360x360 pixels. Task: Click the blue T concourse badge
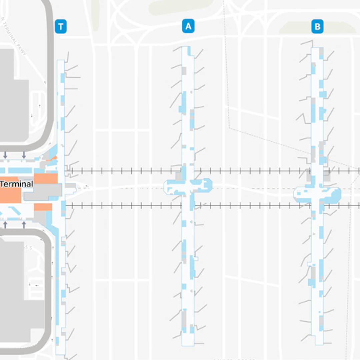[x=61, y=27]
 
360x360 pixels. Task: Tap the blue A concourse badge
[x=188, y=26]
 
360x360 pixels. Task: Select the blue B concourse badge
[x=317, y=27]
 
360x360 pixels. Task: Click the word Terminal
[x=17, y=184]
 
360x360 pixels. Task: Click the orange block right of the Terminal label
[x=46, y=178]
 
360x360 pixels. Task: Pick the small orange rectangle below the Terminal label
[x=43, y=207]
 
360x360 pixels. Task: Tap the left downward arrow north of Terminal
[x=5, y=155]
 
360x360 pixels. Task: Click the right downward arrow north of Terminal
[x=24, y=155]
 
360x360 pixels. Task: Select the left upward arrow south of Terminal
[x=5, y=224]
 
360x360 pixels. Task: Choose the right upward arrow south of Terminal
[x=24, y=224]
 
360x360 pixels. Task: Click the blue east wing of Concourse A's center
[x=204, y=185]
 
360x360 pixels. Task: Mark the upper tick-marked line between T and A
[x=123, y=171]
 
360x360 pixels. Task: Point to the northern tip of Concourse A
[x=186, y=48]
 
